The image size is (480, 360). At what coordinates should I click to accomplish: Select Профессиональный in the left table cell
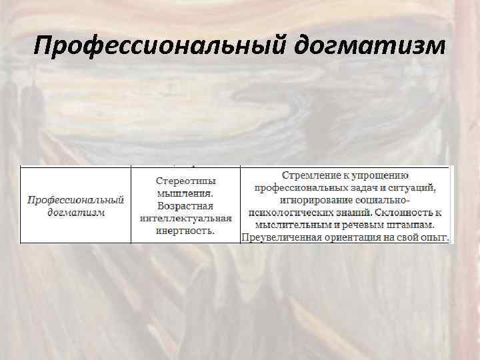click(x=75, y=200)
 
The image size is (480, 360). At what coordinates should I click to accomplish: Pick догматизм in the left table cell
click(x=75, y=213)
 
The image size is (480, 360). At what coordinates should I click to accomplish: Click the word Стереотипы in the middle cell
click(x=186, y=181)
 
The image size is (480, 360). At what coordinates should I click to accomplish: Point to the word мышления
click(x=186, y=193)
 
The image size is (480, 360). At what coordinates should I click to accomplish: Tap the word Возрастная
click(x=186, y=206)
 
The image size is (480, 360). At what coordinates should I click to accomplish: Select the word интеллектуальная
click(x=186, y=219)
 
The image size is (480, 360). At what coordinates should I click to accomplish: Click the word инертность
click(x=186, y=231)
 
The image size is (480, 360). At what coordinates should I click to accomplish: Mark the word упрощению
click(x=380, y=176)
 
